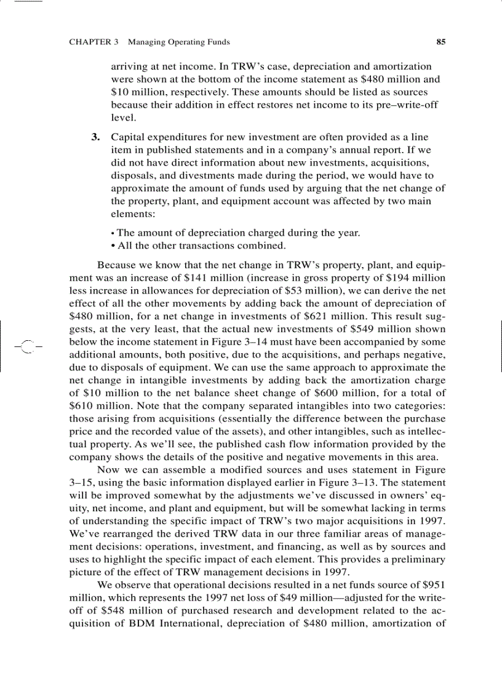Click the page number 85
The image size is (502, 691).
click(440, 42)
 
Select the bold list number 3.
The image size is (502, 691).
click(95, 137)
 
